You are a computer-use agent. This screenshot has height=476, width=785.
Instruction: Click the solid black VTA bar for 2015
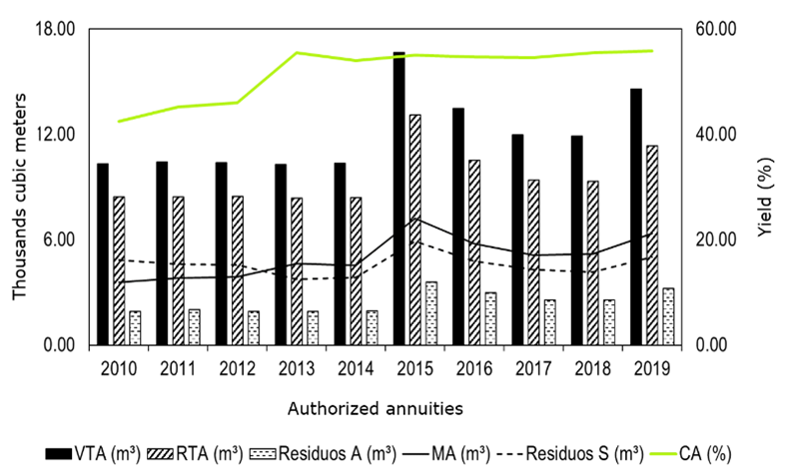pyautogui.click(x=398, y=199)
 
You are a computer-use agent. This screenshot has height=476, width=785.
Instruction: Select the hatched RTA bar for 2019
pyautogui.click(x=651, y=245)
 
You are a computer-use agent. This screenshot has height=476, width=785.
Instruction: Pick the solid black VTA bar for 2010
pyautogui.click(x=103, y=254)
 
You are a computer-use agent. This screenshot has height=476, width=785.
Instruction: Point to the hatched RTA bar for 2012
pyautogui.click(x=237, y=270)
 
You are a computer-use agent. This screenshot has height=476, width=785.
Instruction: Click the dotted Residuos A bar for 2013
pyautogui.click(x=313, y=328)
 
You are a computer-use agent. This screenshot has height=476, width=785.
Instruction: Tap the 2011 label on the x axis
pyautogui.click(x=178, y=370)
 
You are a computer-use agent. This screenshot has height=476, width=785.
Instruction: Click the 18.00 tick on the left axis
pyautogui.click(x=56, y=29)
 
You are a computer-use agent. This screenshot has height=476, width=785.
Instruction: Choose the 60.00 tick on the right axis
pyautogui.click(x=714, y=29)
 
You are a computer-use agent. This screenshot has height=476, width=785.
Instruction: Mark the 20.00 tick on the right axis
pyautogui.click(x=714, y=239)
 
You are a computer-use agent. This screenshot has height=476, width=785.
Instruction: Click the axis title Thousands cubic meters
pyautogui.click(x=21, y=187)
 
